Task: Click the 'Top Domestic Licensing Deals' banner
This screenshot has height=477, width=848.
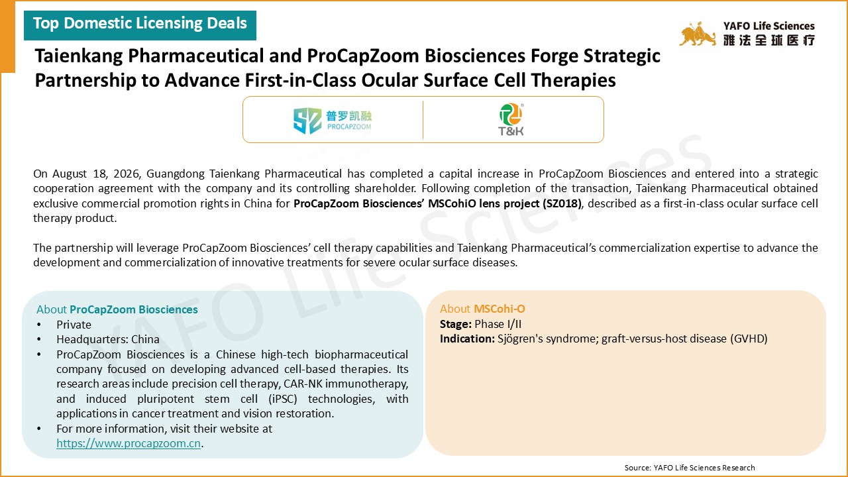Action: pyautogui.click(x=140, y=25)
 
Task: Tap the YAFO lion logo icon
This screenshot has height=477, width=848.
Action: pyautogui.click(x=698, y=34)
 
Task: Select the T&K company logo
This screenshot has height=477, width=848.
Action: pyautogui.click(x=511, y=120)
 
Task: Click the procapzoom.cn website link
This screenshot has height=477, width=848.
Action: pyautogui.click(x=129, y=443)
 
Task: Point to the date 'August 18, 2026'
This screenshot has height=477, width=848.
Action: pyautogui.click(x=97, y=174)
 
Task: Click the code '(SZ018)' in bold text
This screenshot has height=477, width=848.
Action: pyautogui.click(x=562, y=203)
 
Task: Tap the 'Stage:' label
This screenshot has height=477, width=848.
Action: pyautogui.click(x=456, y=324)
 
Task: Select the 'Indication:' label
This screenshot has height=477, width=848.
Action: pyautogui.click(x=467, y=339)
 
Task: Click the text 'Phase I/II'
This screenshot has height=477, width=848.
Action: pyautogui.click(x=498, y=324)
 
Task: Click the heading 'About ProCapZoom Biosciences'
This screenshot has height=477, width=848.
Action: pyautogui.click(x=117, y=309)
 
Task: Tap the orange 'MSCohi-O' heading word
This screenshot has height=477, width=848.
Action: pyautogui.click(x=500, y=309)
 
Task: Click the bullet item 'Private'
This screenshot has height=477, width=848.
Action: pyautogui.click(x=74, y=325)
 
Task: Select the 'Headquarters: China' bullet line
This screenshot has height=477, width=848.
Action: pyautogui.click(x=108, y=340)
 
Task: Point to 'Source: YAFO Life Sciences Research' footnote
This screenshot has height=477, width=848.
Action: pyautogui.click(x=690, y=468)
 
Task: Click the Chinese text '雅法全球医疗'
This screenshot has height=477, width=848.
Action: pyautogui.click(x=769, y=40)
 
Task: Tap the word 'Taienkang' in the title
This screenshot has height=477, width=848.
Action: pyautogui.click(x=79, y=56)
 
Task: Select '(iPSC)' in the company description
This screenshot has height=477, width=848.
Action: pyautogui.click(x=283, y=399)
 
